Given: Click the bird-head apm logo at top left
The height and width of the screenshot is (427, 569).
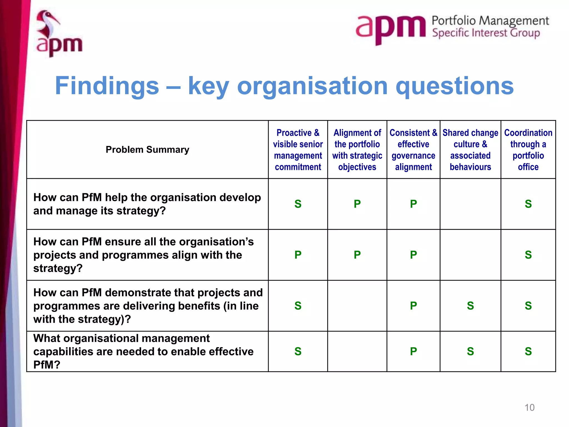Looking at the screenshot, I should coord(59,34).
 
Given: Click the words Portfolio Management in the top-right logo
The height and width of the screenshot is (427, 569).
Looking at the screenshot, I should coord(490,21).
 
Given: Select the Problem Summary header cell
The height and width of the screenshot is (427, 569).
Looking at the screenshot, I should coord(147,150).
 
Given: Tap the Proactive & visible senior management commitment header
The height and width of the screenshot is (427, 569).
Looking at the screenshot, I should coord(298,150).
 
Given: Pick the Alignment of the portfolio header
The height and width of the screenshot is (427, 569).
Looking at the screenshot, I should coord(357,150).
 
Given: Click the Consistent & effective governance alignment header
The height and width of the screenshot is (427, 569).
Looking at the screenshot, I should coord(413,150).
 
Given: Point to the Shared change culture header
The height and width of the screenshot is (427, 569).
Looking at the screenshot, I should coord(470,150).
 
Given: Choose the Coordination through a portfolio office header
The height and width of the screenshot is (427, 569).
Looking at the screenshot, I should coord(528,150).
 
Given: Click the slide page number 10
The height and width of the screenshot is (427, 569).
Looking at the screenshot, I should coord(529,408).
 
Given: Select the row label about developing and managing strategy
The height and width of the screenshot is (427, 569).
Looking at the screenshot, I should coord(147,204).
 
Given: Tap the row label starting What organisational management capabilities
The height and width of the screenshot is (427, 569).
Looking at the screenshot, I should coord(143,351).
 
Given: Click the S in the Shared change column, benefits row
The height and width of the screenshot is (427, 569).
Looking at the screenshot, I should coord(470,306).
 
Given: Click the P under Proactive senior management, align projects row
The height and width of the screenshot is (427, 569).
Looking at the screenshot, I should coord(298,255).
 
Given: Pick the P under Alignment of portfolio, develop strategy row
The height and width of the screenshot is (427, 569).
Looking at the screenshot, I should coord(357,204).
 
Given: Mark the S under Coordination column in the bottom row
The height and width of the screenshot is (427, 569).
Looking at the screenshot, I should coord(528,351).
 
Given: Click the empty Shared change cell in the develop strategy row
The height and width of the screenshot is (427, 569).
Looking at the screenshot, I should coord(470,204).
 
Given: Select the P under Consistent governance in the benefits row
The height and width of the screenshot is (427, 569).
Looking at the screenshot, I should coord(413,306).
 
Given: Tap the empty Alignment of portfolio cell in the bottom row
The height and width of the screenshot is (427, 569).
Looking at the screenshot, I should coord(357,351).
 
